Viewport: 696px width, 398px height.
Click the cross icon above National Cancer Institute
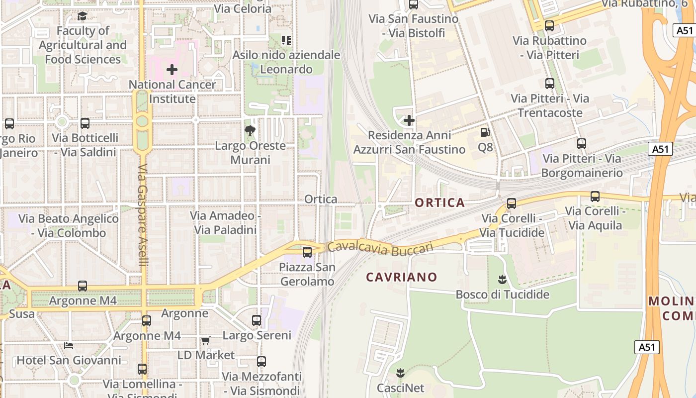(172, 70)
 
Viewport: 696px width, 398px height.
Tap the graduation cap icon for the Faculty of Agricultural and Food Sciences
(83, 16)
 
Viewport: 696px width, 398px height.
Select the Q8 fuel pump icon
(485, 132)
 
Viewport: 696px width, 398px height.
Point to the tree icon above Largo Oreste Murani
(250, 131)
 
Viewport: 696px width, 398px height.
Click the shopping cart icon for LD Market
(205, 340)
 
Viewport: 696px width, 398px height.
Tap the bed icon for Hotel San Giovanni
(69, 345)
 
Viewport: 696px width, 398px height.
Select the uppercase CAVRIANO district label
(402, 277)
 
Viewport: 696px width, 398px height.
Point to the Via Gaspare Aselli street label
(143, 215)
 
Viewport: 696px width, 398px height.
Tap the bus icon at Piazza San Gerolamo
(307, 252)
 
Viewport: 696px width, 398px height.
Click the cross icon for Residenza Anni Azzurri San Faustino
(409, 120)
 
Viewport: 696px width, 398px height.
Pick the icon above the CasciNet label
(400, 373)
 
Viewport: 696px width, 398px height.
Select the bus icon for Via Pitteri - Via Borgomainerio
(582, 144)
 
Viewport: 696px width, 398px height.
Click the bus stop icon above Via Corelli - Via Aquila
(595, 196)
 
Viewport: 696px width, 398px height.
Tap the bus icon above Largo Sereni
(257, 320)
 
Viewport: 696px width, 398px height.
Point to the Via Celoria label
(243, 8)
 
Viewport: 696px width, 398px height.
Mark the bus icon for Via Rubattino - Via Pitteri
(549, 26)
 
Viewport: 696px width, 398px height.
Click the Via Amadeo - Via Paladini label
(226, 223)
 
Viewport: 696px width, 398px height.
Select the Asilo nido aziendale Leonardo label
(286, 62)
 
